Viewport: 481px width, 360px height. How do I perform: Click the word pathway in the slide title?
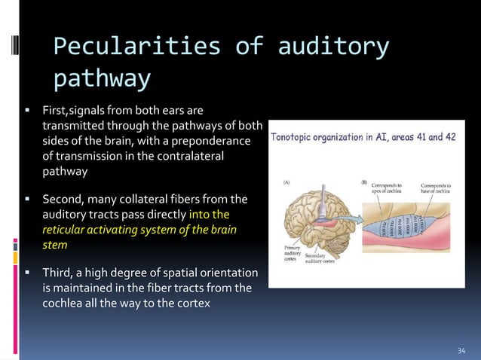point(102,78)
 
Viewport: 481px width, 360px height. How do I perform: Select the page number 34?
point(461,350)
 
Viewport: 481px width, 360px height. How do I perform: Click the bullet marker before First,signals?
point(26,111)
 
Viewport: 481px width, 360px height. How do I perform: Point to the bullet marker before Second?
point(26,200)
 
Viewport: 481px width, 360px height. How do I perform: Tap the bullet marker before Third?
point(26,272)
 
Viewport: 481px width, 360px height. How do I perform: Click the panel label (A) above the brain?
point(288,182)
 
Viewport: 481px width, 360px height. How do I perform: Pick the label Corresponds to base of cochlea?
point(437,187)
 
